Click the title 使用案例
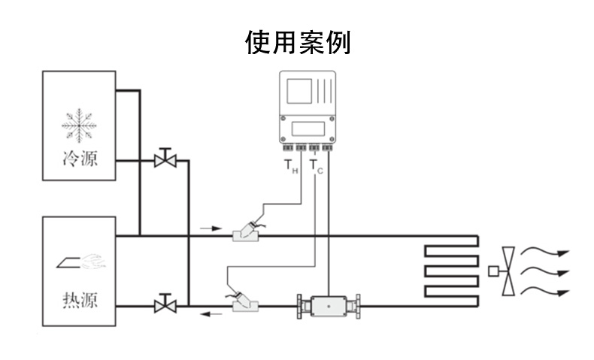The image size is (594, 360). coord(297,43)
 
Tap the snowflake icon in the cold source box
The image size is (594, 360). coord(79,125)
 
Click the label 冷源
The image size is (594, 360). coord(79,159)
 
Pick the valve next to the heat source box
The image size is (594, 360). coord(165,304)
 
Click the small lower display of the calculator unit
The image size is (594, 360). coord(310,128)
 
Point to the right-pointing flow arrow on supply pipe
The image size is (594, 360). coord(212,227)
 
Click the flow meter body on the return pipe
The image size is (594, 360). coord(329,307)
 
